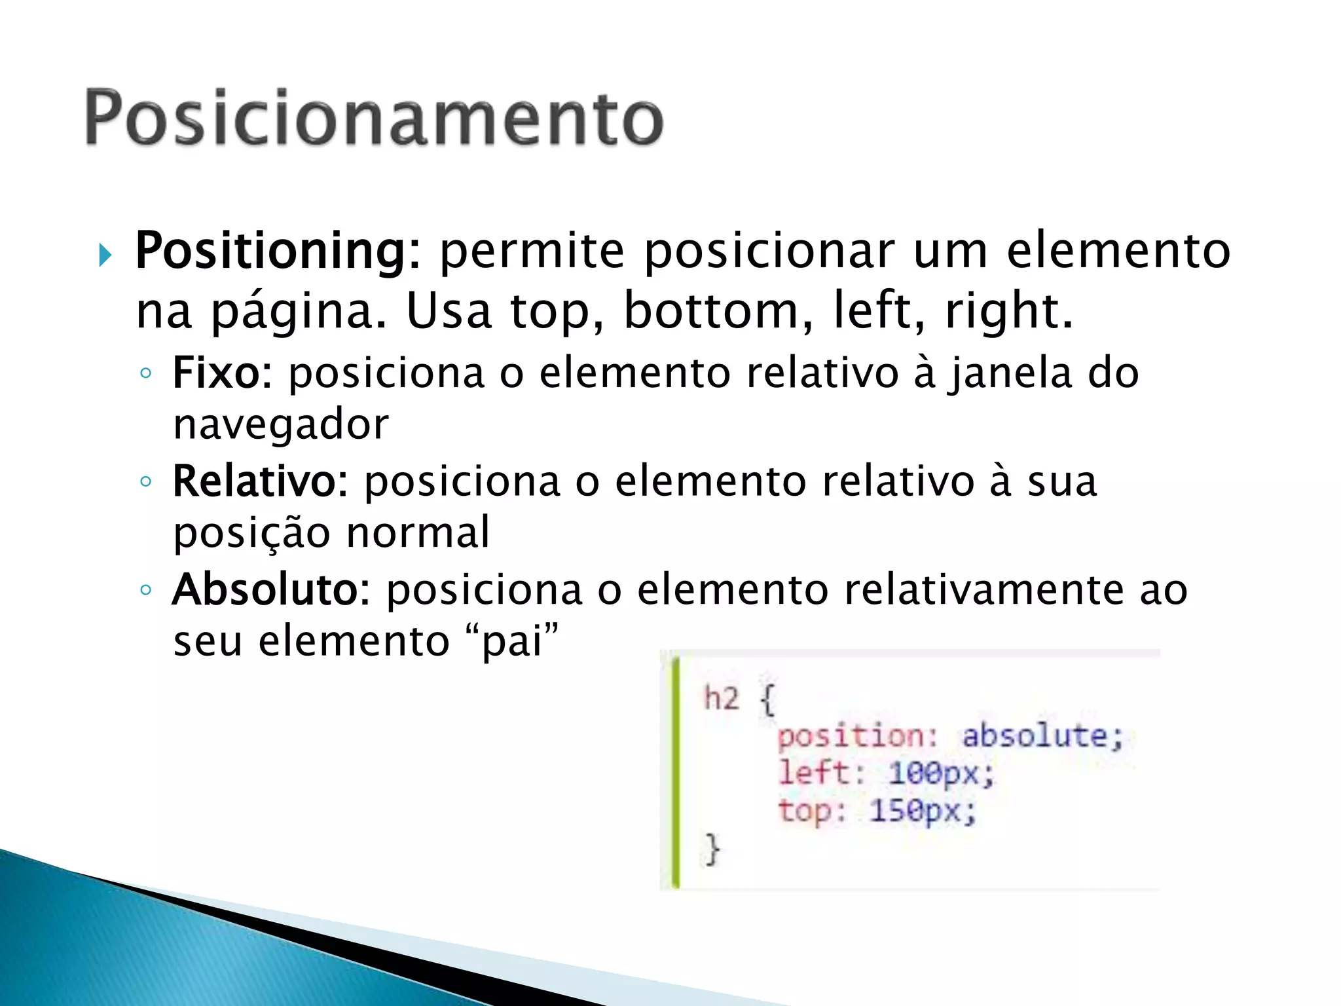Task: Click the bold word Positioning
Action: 270,251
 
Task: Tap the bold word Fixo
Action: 216,373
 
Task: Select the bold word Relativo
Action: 254,481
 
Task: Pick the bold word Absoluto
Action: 265,589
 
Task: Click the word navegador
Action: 281,424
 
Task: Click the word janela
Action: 1011,373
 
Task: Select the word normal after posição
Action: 418,532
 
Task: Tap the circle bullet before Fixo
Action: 145,373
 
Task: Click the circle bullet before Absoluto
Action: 145,589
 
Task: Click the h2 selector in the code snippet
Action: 721,698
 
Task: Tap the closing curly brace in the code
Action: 712,849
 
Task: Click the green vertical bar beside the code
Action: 676,773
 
